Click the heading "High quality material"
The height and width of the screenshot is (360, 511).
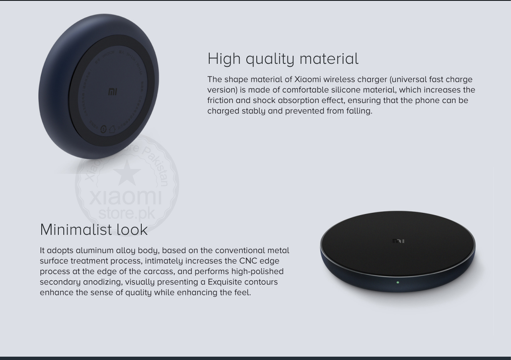tap(283, 59)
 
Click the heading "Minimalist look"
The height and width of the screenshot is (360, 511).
tap(94, 230)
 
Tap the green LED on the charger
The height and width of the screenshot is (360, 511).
tap(398, 282)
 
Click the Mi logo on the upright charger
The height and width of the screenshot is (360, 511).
tap(113, 92)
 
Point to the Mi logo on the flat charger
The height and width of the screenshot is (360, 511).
tap(398, 241)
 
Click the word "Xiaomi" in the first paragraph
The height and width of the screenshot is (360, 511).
tap(308, 79)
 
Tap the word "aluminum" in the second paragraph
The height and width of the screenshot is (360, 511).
tap(95, 250)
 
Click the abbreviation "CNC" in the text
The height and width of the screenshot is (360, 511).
tap(248, 261)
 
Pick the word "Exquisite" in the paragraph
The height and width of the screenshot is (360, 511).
tap(225, 282)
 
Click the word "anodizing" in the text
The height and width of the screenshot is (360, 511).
tap(102, 282)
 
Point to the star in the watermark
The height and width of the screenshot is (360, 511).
tap(125, 172)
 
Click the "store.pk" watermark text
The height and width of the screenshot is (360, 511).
tap(127, 213)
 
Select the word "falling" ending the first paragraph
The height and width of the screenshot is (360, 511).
tap(358, 111)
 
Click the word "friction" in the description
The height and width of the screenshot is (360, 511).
tap(220, 101)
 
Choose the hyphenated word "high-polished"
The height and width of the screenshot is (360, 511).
tap(258, 272)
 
